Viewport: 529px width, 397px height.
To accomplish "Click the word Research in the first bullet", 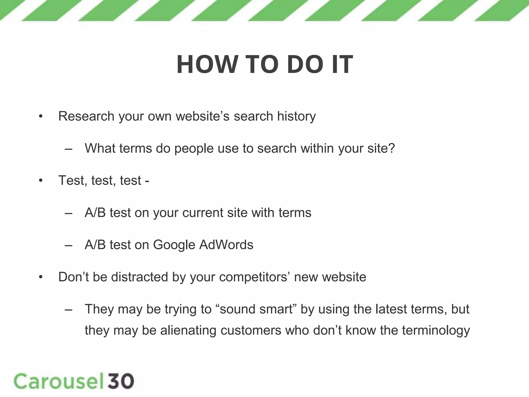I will (86, 116).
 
